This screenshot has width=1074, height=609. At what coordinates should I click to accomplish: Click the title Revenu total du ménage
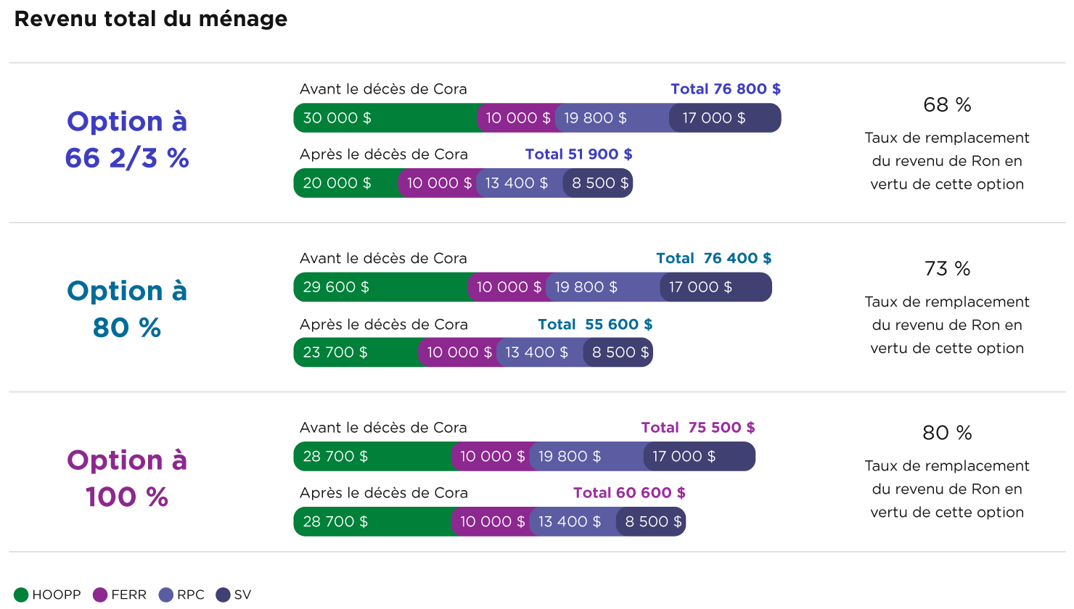coord(150,19)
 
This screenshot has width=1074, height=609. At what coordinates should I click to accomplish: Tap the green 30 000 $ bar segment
coord(385,118)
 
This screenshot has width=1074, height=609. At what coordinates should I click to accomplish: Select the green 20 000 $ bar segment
coord(346,183)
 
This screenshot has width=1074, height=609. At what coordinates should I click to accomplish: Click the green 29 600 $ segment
coord(381,287)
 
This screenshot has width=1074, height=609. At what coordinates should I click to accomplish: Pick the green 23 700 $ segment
coord(356,352)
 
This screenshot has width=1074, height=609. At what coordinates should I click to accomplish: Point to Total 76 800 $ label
coord(726,89)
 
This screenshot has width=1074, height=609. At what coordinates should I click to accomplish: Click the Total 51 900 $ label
coord(578,154)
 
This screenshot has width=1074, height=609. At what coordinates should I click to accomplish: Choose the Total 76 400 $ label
coord(713,258)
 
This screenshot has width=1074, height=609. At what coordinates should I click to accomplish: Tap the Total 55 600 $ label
coord(595,324)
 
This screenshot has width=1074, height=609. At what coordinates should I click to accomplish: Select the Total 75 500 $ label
coord(698,428)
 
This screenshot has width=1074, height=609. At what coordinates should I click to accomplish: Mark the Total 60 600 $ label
coord(630,492)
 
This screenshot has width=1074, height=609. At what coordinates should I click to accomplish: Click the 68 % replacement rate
coord(947,105)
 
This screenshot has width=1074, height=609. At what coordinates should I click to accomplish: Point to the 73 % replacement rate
coord(947,269)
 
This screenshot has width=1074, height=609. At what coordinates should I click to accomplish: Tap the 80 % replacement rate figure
coord(947,433)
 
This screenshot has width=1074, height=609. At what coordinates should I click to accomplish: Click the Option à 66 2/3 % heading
coord(127,139)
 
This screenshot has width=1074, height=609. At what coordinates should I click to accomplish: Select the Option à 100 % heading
coord(127,478)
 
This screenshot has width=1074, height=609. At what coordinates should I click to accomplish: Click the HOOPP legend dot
coord(21,595)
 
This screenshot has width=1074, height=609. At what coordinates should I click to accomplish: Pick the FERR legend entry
coord(120,595)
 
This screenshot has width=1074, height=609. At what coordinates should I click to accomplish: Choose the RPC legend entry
coord(181,595)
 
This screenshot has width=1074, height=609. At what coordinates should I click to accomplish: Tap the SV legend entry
coord(234,595)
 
